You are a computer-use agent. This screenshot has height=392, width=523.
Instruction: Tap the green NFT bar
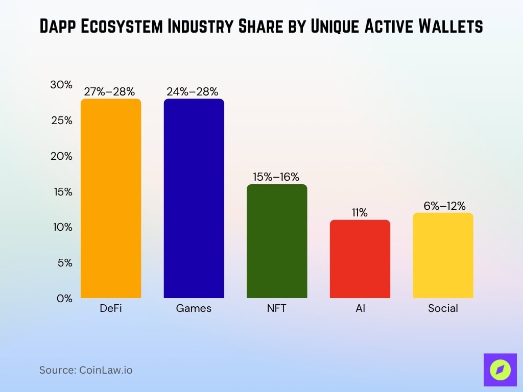(277, 241)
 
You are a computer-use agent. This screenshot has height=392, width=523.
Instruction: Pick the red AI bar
(360, 259)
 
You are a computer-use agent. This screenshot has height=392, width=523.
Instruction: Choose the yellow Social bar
(443, 255)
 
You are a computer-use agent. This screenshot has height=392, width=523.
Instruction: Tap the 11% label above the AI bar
(360, 213)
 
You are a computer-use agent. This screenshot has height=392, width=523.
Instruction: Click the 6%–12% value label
(443, 206)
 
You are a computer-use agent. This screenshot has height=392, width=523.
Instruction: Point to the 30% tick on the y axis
(61, 85)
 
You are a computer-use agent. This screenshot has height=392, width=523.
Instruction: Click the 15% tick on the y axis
(61, 192)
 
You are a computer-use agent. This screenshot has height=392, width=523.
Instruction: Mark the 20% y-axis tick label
(61, 156)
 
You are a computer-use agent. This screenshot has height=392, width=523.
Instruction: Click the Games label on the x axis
(194, 309)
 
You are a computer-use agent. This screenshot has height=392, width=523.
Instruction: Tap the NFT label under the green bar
(277, 309)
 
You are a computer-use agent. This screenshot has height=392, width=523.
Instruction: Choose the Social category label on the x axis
(443, 309)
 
